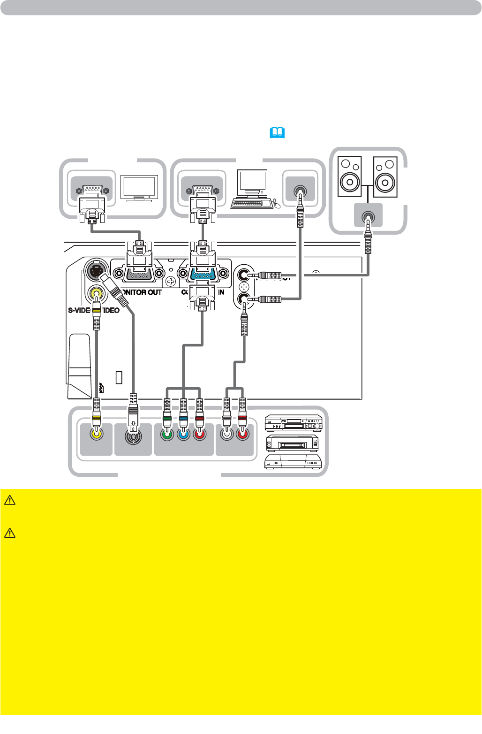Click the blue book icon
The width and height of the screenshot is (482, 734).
click(277, 133)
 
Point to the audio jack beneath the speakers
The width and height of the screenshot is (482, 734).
click(368, 217)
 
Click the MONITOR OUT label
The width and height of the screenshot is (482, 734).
click(142, 292)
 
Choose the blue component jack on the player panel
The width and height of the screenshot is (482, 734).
click(183, 435)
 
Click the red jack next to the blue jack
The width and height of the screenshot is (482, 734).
click(200, 435)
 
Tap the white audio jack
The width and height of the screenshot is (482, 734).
click(227, 434)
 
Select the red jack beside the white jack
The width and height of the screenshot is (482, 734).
click(242, 434)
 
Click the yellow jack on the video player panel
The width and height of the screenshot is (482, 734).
click(96, 434)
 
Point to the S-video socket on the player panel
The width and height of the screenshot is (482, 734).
click(133, 436)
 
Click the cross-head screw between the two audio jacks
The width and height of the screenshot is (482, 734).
click(244, 286)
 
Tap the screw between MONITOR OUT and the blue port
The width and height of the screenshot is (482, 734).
click(171, 282)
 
